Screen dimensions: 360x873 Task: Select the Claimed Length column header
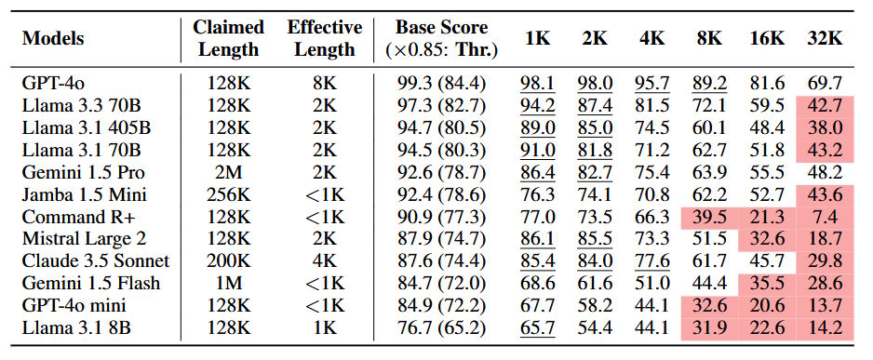click(x=228, y=38)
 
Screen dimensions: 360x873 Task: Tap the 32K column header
click(x=824, y=38)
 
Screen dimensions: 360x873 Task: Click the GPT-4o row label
click(x=49, y=84)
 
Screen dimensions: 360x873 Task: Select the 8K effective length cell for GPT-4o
click(x=319, y=84)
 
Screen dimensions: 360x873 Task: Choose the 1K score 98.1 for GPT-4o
click(x=538, y=84)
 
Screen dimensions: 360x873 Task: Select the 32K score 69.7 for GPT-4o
click(x=824, y=84)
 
